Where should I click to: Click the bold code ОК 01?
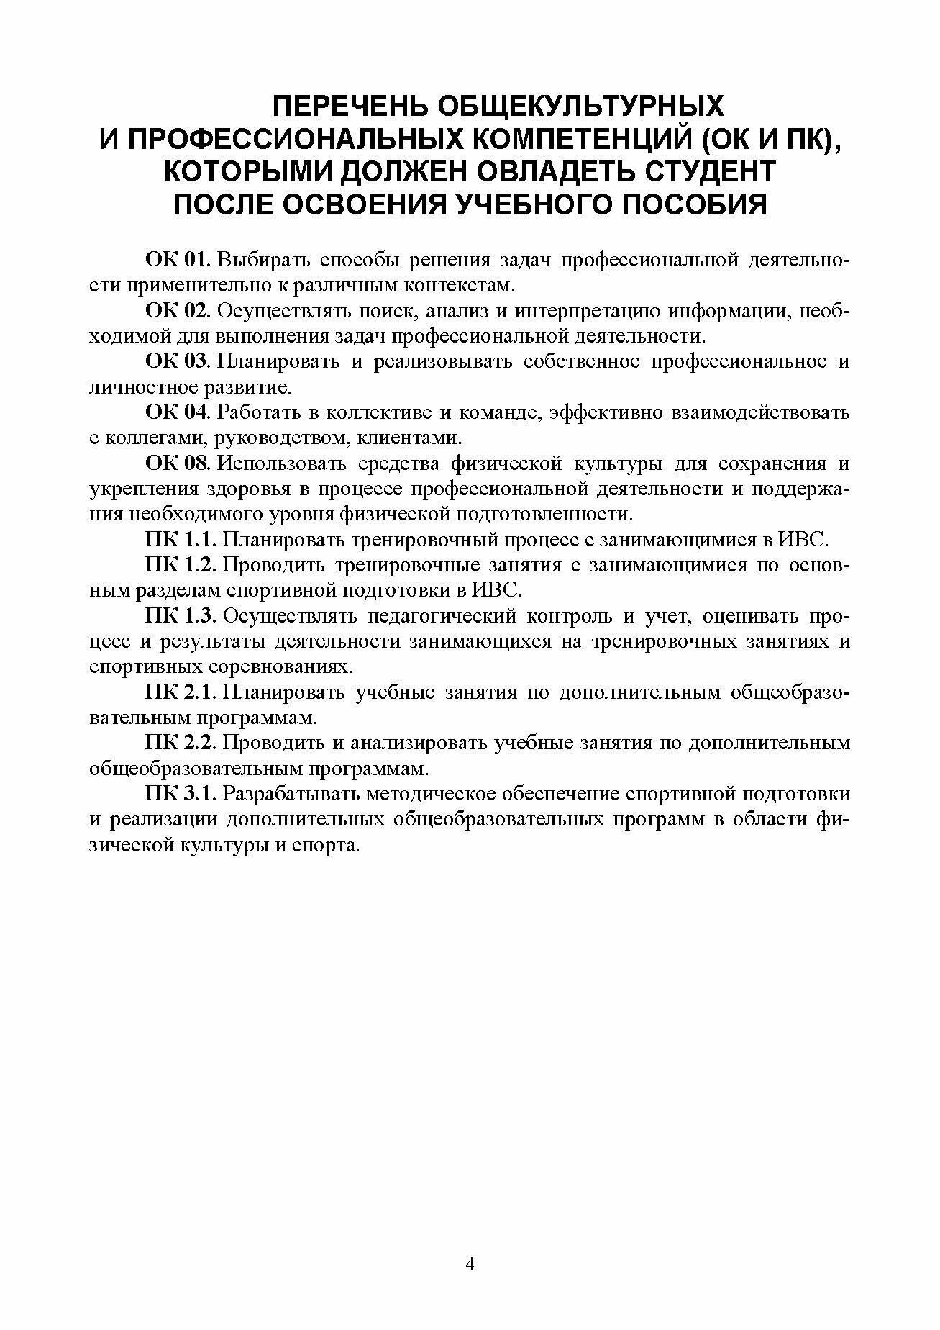(x=175, y=259)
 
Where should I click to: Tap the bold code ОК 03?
(x=176, y=361)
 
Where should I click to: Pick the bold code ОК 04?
(x=176, y=412)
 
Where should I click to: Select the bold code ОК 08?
(x=176, y=463)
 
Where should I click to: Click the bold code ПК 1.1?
(x=180, y=540)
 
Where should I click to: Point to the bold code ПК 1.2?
(x=180, y=565)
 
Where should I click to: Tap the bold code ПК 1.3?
(x=180, y=616)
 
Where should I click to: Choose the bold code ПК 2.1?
(x=180, y=692)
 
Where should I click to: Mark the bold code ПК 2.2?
(x=180, y=743)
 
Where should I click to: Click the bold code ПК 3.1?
(x=180, y=794)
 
